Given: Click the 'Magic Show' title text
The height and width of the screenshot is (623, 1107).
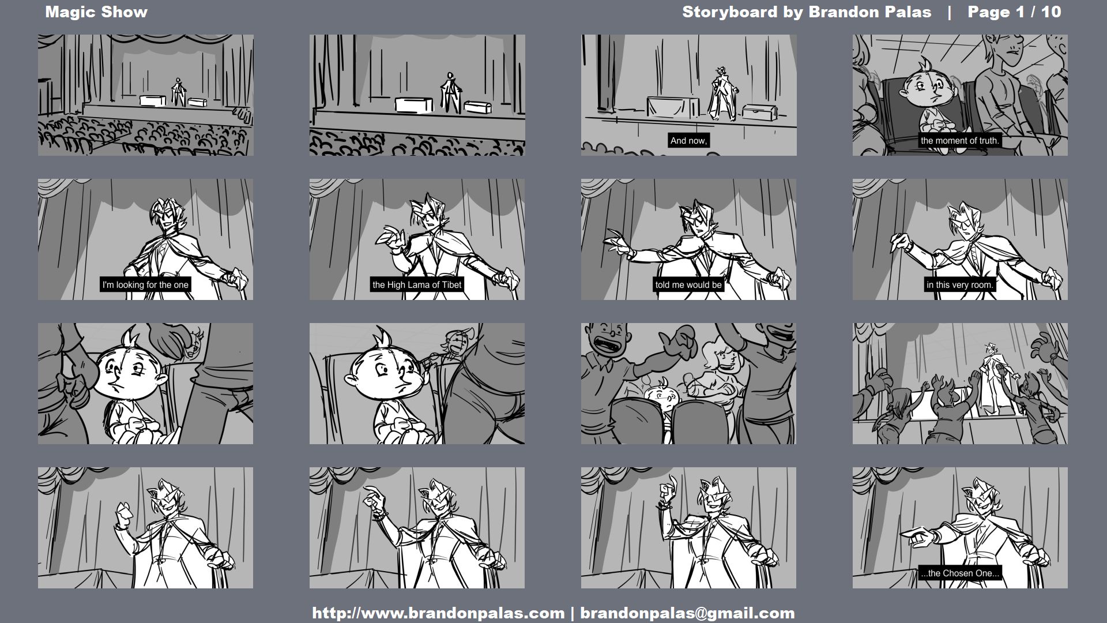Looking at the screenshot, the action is click(96, 12).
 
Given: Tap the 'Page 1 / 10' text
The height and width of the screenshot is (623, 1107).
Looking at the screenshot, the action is click(1014, 12).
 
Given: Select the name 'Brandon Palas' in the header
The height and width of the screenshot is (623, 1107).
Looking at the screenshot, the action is click(869, 12).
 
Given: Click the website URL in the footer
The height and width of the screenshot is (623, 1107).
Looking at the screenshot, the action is click(438, 613).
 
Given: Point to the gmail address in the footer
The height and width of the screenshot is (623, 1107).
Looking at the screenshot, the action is click(687, 613).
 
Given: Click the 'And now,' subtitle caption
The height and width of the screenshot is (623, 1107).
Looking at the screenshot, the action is click(688, 141).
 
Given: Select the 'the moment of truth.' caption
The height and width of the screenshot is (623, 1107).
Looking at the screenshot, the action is click(960, 141).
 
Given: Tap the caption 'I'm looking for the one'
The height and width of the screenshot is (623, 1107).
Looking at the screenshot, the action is click(145, 285).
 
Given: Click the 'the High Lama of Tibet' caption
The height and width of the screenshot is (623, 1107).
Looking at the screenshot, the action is click(417, 285).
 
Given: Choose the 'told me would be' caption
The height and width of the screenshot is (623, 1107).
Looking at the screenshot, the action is click(688, 285).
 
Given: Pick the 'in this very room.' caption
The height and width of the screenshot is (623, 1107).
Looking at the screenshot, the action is click(960, 285).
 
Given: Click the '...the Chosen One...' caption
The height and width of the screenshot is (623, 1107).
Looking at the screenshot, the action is click(960, 573).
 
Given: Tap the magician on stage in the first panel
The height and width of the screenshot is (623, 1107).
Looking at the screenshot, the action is click(178, 92).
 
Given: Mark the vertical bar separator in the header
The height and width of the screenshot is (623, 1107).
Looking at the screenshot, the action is click(950, 12).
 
